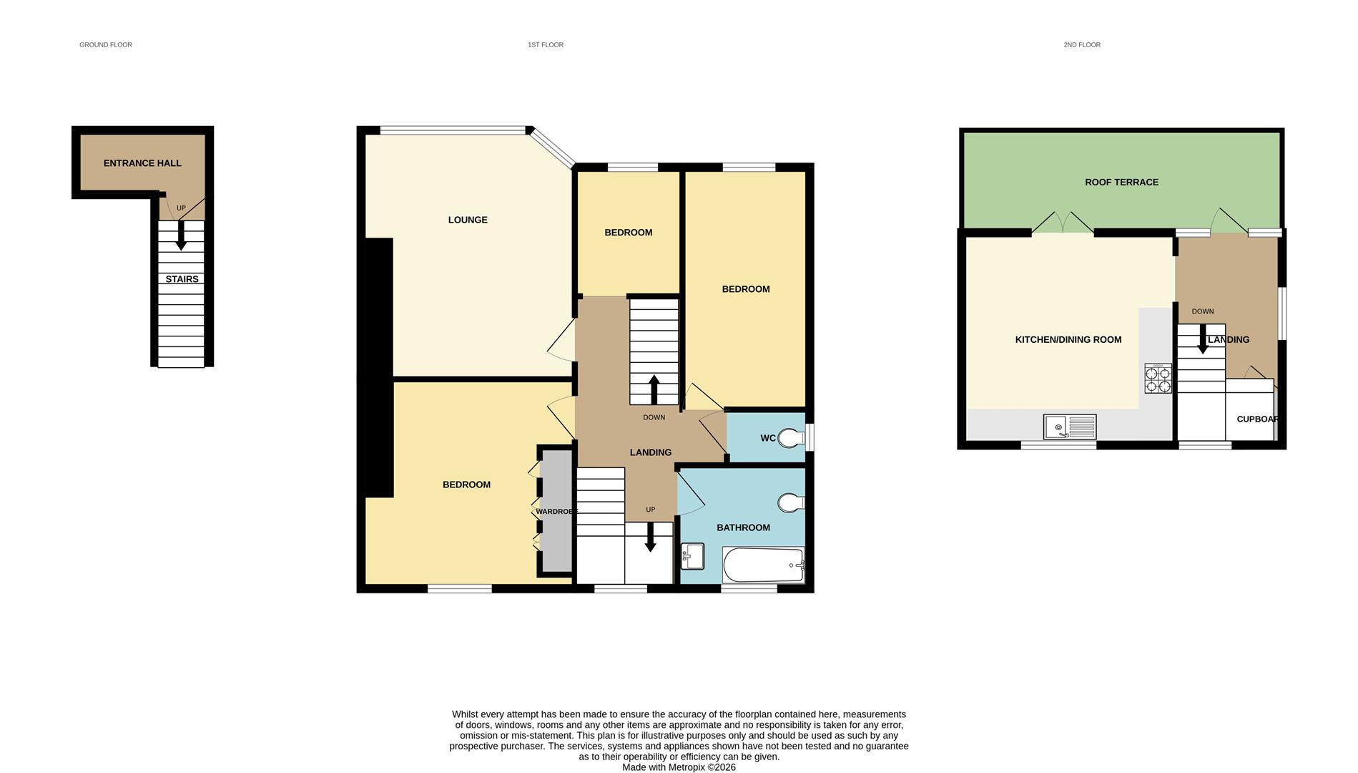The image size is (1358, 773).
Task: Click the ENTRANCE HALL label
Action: click(x=142, y=163)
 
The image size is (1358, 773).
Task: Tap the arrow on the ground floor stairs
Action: click(x=181, y=235)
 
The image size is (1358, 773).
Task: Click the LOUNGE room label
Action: click(x=468, y=220)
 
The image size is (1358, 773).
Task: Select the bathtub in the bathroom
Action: click(x=763, y=565)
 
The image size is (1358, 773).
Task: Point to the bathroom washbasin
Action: click(x=692, y=556)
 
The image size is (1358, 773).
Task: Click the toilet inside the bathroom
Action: click(x=790, y=503)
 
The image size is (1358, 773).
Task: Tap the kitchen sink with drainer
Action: click(x=1069, y=427)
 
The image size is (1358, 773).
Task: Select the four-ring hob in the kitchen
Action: click(x=1158, y=379)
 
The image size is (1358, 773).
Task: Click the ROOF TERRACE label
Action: click(x=1121, y=183)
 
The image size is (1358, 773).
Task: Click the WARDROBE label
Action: click(x=556, y=512)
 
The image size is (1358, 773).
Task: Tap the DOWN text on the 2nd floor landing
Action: click(x=1203, y=311)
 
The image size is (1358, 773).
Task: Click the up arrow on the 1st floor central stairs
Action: click(x=654, y=389)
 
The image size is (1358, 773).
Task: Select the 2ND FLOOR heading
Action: click(x=1081, y=45)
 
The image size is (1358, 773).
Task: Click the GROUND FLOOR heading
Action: click(x=106, y=45)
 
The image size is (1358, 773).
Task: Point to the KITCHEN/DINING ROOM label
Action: click(x=1068, y=340)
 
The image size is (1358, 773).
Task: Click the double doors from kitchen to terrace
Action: click(x=1063, y=223)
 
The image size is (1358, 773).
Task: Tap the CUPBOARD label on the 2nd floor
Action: click(x=1256, y=419)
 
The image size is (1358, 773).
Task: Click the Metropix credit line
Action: click(x=679, y=767)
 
